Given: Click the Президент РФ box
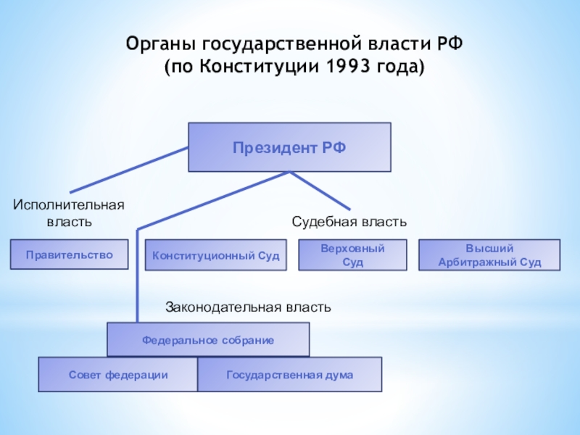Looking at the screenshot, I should tap(289, 147).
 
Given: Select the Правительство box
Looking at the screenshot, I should tap(70, 254).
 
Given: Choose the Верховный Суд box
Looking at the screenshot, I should tap(352, 255).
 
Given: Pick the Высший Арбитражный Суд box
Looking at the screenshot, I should tap(489, 255).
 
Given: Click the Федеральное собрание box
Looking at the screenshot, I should tap(208, 339).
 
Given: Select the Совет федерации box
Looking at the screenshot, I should tap(118, 375).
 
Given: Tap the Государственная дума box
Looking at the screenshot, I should tap(289, 375).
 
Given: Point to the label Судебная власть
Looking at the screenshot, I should tap(349, 220).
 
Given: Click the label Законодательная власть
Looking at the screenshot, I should tap(248, 307).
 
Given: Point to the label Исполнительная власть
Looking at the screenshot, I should tap(69, 213).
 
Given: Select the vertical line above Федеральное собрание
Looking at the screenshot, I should tap(136, 275).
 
